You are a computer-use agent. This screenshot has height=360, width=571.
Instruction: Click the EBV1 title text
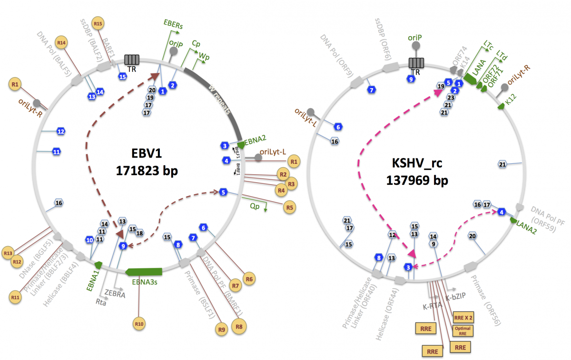point(147,153)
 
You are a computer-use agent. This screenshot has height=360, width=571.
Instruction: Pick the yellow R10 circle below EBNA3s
point(139,324)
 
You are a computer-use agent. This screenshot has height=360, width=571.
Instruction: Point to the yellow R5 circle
point(288,208)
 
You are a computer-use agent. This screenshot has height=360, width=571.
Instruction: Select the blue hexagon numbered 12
point(60,130)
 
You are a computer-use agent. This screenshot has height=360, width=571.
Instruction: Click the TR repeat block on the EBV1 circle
point(132,60)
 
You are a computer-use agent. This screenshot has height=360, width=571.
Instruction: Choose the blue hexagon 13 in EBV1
point(92,97)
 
